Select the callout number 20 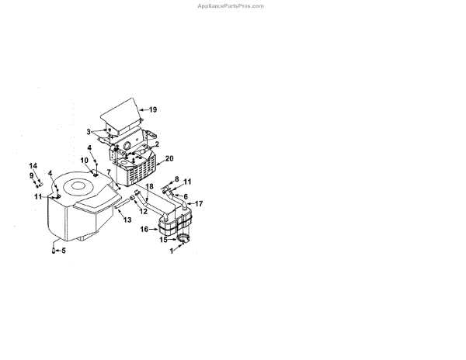(169, 159)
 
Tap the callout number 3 (89, 132)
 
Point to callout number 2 (158, 144)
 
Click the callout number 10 (85, 161)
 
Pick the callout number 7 (110, 171)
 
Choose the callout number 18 (150, 188)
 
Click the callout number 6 (186, 196)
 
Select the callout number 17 (199, 203)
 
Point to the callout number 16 (144, 230)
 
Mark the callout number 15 (164, 240)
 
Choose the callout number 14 (33, 166)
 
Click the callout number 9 (33, 176)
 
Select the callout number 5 (64, 251)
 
